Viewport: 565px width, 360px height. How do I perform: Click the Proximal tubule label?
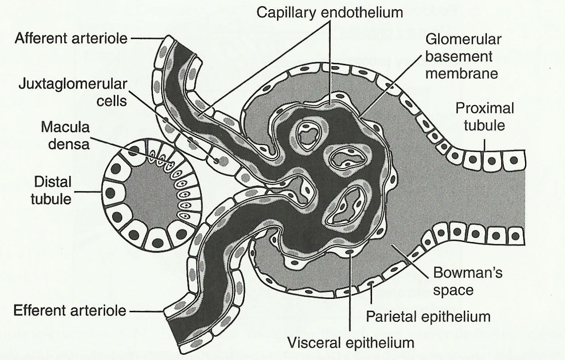[x=485, y=116]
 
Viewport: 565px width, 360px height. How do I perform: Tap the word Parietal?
[x=393, y=316]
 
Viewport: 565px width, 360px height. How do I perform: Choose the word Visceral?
[x=317, y=342]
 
